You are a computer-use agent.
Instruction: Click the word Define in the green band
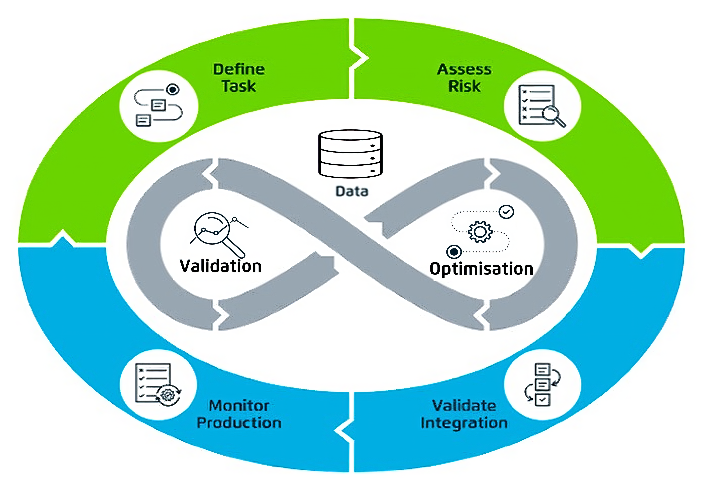(239, 69)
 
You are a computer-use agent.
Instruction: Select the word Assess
(464, 69)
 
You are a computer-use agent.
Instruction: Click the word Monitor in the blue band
(239, 406)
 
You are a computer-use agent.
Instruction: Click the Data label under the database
(352, 191)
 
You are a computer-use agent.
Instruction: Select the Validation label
(220, 266)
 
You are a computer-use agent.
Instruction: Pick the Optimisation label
(481, 269)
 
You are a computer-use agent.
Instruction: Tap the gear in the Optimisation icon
(480, 232)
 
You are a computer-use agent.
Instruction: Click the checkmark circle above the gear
(506, 212)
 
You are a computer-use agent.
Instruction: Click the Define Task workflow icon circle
(159, 106)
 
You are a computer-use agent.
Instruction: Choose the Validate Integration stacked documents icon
(543, 384)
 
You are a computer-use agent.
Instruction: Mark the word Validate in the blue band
(464, 406)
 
